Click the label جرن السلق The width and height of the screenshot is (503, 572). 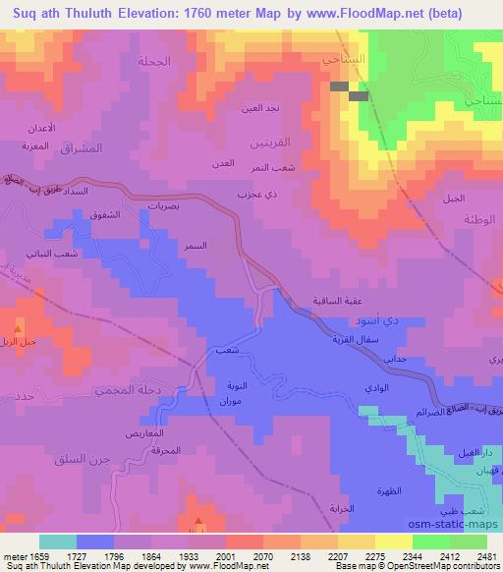(84, 461)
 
